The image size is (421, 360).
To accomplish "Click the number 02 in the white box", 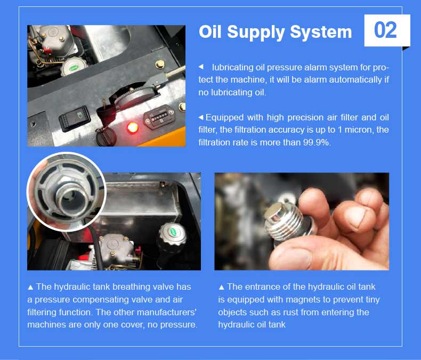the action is tap(385, 30).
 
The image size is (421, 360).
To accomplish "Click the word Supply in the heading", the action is tap(256, 32).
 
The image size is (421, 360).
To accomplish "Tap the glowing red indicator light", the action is tap(132, 127).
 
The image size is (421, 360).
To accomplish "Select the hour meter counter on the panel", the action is tap(159, 117).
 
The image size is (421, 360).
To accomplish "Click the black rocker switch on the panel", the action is tap(75, 118).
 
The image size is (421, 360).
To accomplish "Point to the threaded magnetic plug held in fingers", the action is tap(285, 219).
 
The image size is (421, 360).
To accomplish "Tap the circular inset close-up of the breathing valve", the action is tap(66, 192).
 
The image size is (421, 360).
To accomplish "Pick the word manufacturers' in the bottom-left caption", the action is tap(166, 312).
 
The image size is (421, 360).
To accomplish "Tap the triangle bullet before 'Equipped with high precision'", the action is tap(200, 118).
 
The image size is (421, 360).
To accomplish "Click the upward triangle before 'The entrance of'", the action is tap(221, 287).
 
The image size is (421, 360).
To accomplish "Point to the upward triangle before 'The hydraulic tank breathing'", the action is tap(30, 287).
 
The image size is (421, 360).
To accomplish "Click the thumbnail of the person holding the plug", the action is tap(302, 222).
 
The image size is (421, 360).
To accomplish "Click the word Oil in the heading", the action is tap(210, 31).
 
